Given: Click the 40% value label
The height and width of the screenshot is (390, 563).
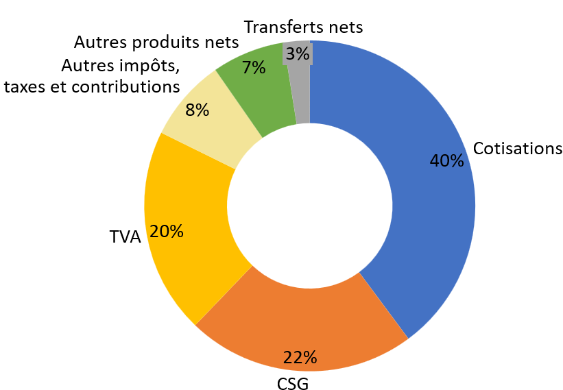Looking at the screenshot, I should [446, 161].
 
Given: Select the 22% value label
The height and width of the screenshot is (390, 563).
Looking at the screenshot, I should [300, 357].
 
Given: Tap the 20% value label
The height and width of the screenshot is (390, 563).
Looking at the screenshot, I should [167, 232].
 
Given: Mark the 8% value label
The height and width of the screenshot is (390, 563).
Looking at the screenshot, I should [197, 110].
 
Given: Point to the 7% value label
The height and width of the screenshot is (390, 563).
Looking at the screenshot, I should [254, 68].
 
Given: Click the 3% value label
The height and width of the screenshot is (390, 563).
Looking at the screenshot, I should [298, 53].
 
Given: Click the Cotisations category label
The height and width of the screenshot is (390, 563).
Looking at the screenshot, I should [517, 149].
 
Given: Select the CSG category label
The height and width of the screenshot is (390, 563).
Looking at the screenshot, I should [293, 383].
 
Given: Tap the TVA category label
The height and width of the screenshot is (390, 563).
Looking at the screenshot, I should [125, 237].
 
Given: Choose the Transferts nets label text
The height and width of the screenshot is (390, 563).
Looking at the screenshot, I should [303, 27].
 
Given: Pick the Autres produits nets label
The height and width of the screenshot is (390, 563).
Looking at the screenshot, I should [156, 42].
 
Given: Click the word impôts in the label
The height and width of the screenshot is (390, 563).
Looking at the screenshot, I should [145, 66].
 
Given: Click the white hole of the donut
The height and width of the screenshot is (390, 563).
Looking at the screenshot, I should [309, 206].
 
